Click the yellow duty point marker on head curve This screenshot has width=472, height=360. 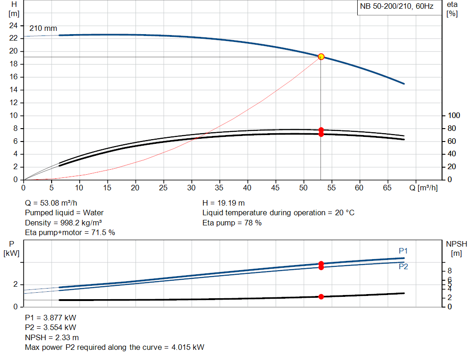point(321,57)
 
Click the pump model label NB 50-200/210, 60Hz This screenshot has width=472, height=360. point(396,7)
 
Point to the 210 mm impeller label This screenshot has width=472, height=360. point(43,28)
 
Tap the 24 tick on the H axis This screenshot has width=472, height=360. point(13,25)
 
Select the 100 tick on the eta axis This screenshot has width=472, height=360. point(454,115)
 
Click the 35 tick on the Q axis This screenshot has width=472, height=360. point(219,188)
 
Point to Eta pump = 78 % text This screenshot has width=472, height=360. point(232,223)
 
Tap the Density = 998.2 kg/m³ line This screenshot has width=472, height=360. point(63,223)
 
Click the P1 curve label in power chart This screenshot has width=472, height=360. point(403,251)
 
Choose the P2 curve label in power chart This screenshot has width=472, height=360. point(403,266)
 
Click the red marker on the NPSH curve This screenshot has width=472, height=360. point(321,296)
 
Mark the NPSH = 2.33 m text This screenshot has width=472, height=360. point(52,337)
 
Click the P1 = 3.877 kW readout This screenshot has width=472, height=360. point(51,318)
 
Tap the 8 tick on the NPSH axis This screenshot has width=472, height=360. point(449,271)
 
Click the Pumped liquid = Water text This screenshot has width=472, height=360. point(64,213)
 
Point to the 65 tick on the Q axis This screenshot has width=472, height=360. point(387,188)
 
